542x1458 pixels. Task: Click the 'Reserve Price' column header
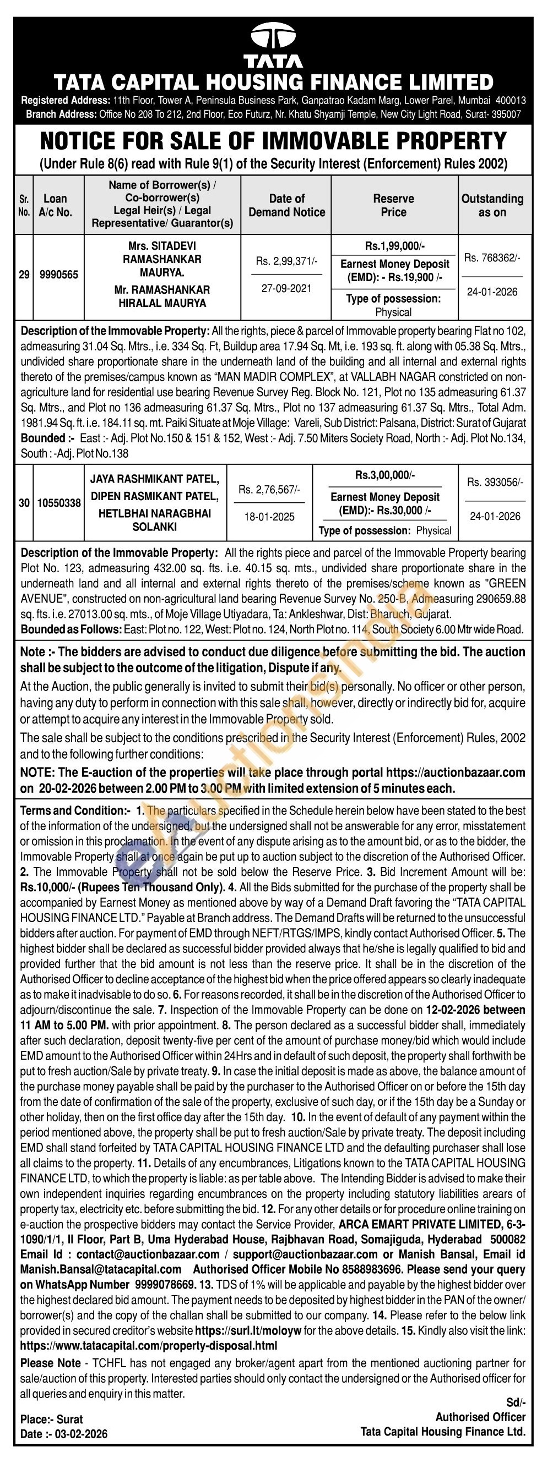pos(393,205)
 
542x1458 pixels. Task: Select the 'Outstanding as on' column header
pos(492,205)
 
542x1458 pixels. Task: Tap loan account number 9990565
pos(59,275)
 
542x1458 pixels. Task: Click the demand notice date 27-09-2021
pos(286,288)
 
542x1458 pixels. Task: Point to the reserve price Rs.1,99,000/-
pos(394,246)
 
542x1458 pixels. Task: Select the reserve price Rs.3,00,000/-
pos(384,475)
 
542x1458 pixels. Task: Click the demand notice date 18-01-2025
pos(269,517)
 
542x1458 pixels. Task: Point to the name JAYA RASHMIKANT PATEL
pos(154,479)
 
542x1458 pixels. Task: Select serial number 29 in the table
pos(24,275)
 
